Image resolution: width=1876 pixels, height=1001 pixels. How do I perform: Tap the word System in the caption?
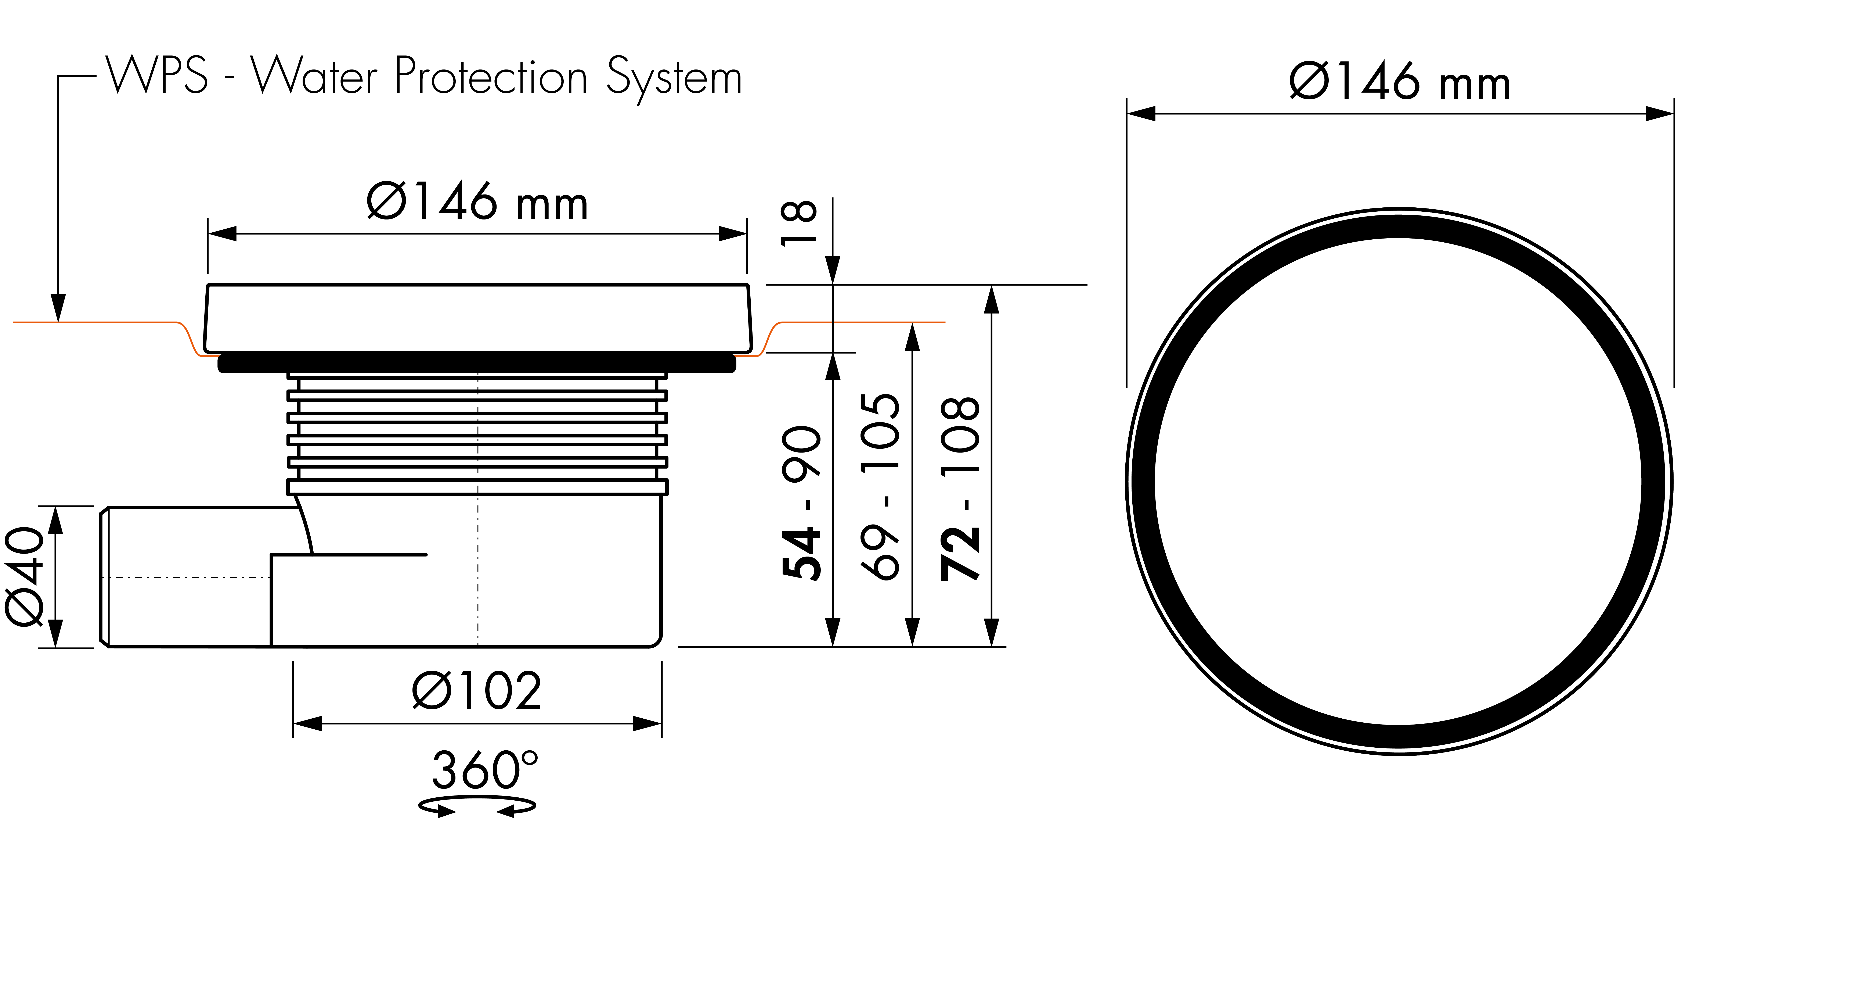[x=674, y=79]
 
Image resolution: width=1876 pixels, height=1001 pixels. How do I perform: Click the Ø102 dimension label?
[x=477, y=691]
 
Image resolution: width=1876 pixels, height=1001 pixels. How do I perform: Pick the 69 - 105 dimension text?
[x=880, y=487]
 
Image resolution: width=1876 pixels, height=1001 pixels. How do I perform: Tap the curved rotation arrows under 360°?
[x=477, y=807]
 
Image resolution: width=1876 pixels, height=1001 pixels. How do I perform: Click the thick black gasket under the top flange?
[x=477, y=362]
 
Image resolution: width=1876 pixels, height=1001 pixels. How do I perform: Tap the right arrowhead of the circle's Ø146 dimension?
[x=1660, y=114]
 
